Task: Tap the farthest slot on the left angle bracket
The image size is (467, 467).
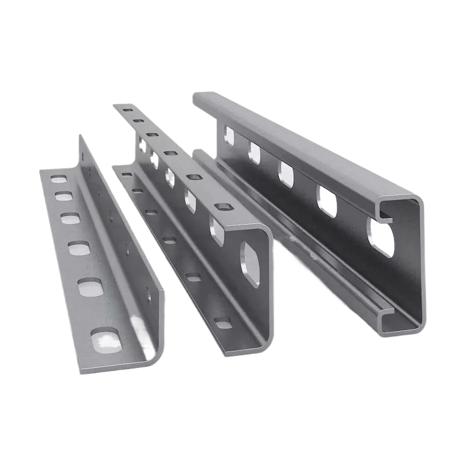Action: point(59,179)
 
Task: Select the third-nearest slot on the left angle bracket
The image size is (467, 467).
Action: point(79,248)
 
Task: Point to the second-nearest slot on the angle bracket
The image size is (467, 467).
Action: point(90,286)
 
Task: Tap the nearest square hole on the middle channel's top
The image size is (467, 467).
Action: point(219,207)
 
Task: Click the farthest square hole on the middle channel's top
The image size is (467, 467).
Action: point(127,110)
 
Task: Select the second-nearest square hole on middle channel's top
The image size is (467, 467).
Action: point(192,177)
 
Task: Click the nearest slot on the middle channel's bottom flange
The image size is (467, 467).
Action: point(223,322)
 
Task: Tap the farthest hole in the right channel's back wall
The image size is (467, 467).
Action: point(229,134)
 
